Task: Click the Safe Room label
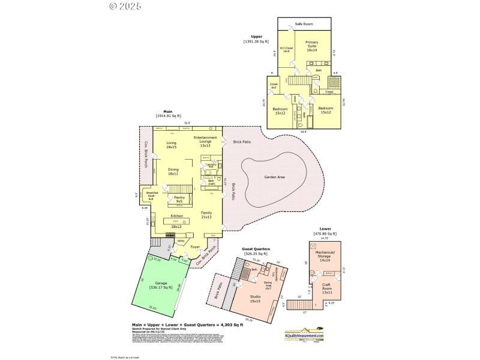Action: pyautogui.click(x=304, y=25)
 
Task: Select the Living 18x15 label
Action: pyautogui.click(x=172, y=145)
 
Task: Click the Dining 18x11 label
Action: pyautogui.click(x=173, y=171)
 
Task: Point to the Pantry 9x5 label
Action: pyautogui.click(x=179, y=199)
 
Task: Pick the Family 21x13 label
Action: pyautogui.click(x=206, y=215)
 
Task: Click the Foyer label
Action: pyautogui.click(x=195, y=247)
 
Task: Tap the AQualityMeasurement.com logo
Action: pyautogui.click(x=304, y=334)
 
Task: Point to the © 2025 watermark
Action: pyautogui.click(x=125, y=7)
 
